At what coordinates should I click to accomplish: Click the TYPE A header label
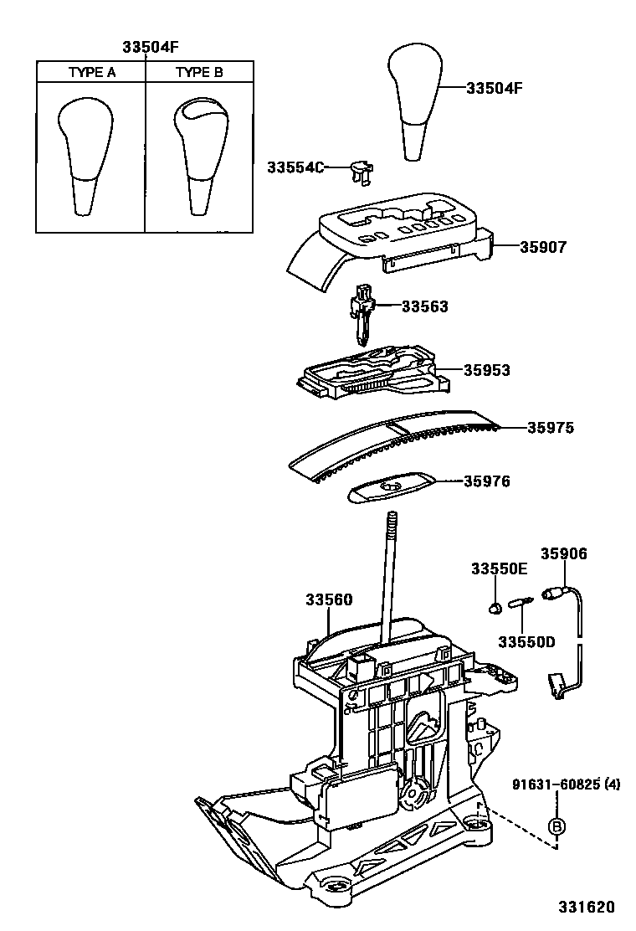point(92,73)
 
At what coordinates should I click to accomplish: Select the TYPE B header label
point(199,73)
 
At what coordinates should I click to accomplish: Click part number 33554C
point(295,167)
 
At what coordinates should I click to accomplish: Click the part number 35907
point(543,246)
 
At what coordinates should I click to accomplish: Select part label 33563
point(425,306)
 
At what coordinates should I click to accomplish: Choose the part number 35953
point(486,370)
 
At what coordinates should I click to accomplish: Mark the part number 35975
point(551,428)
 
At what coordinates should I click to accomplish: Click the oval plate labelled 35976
point(391,488)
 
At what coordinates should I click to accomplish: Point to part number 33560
point(329,599)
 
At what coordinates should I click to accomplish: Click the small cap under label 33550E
point(495,607)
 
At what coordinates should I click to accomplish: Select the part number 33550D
point(526,642)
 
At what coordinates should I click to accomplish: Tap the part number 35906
point(564,553)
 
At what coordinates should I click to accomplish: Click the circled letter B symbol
point(557,826)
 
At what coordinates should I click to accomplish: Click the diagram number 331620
point(586,907)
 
